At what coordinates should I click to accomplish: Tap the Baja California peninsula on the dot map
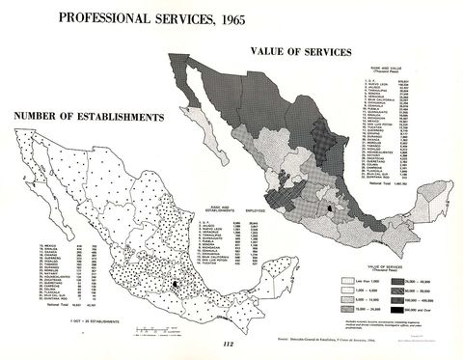pos(39,183)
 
